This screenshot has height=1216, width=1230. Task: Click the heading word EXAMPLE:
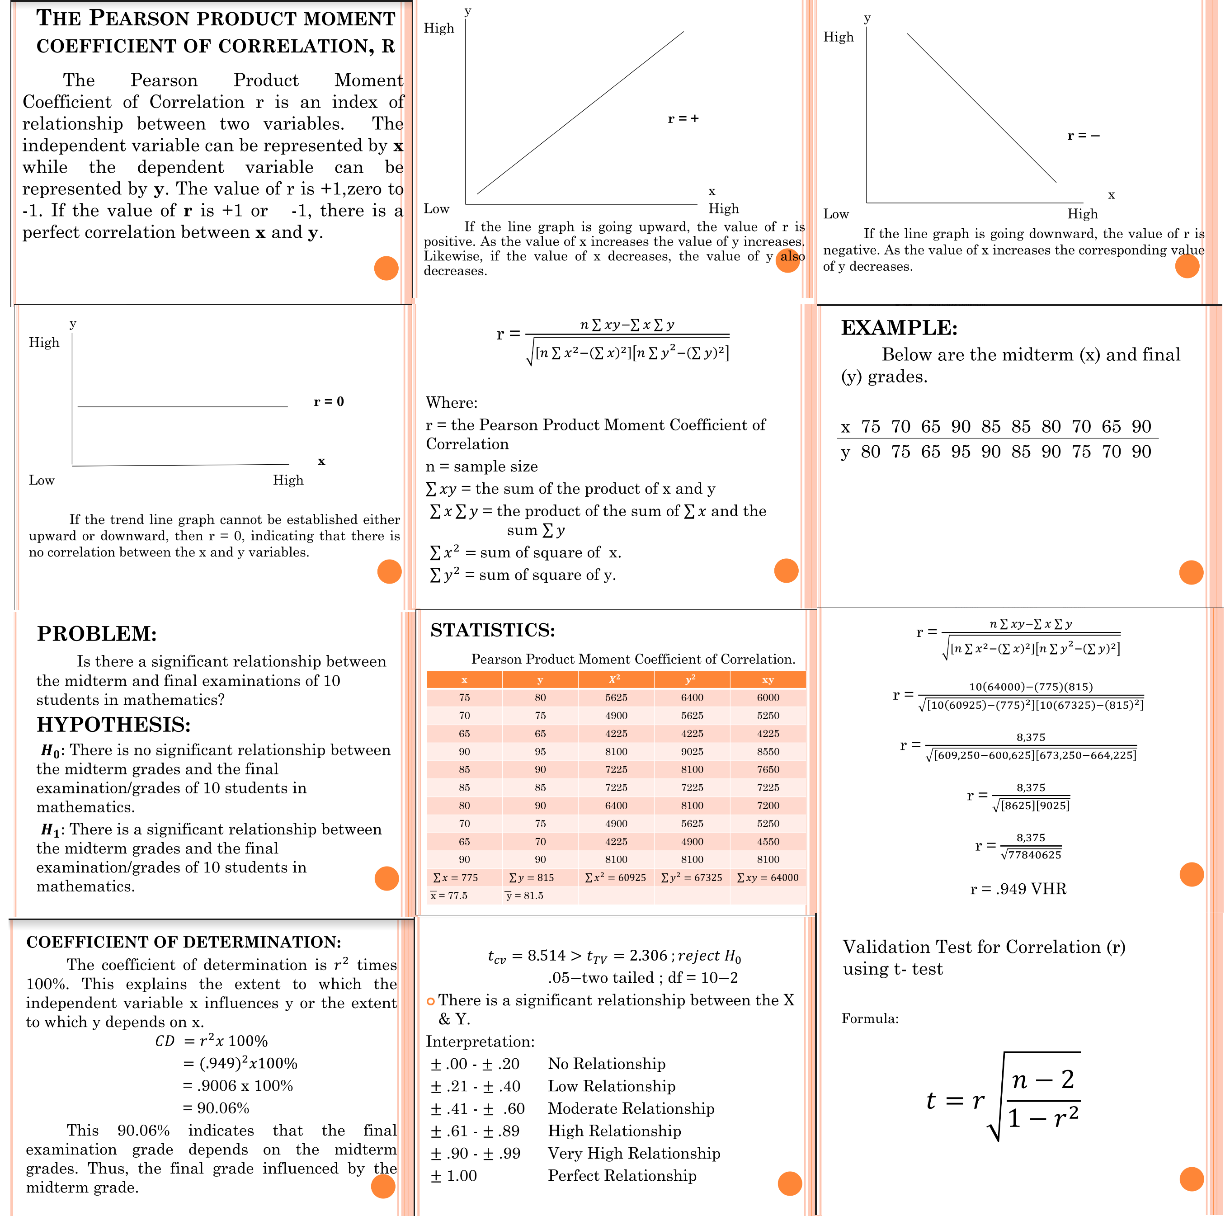[x=899, y=328]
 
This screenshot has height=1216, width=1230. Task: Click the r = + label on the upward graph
[x=683, y=119]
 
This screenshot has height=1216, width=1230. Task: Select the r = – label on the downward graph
[x=1084, y=136]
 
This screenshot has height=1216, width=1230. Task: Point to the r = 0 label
[x=329, y=402]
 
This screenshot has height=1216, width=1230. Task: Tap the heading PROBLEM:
[x=97, y=634]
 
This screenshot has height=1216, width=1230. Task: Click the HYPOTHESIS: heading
[x=113, y=725]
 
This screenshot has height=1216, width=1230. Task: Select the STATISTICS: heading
[x=492, y=630]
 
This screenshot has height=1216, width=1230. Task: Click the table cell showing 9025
[x=692, y=751]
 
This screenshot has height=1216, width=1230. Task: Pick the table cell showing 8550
[x=768, y=751]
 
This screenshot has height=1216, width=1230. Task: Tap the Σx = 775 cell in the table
[x=455, y=877]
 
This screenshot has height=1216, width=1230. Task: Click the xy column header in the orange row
[x=768, y=679]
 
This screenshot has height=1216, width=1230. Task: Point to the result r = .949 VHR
[x=1018, y=889]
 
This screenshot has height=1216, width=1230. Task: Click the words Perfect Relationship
[x=622, y=1175]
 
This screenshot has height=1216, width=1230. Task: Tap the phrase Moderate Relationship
[x=631, y=1108]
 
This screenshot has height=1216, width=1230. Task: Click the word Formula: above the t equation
[x=870, y=1018]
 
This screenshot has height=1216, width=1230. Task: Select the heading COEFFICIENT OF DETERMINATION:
[x=184, y=942]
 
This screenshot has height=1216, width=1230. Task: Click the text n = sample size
[x=481, y=467]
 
